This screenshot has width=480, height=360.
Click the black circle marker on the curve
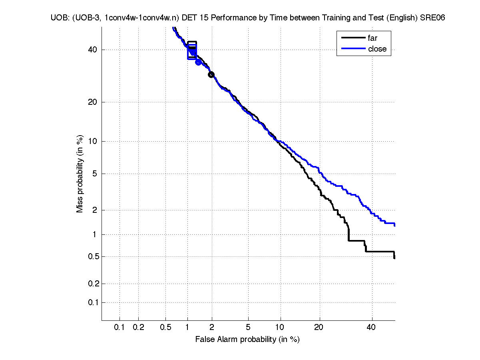pyautogui.click(x=211, y=74)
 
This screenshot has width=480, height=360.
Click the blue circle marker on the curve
pyautogui.click(x=198, y=62)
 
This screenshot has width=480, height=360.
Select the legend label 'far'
pyautogui.click(x=372, y=38)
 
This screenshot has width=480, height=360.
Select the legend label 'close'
pyautogui.click(x=377, y=49)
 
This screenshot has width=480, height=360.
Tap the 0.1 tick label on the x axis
pyautogui.click(x=120, y=328)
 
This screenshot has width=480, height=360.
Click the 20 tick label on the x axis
pyautogui.click(x=319, y=328)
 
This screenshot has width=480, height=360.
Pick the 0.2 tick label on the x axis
pyautogui.click(x=138, y=328)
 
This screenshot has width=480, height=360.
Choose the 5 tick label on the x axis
pyautogui.click(x=248, y=328)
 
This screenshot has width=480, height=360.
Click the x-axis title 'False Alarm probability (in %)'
pyautogui.click(x=247, y=339)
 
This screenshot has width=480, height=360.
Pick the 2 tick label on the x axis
pyautogui.click(x=212, y=328)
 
